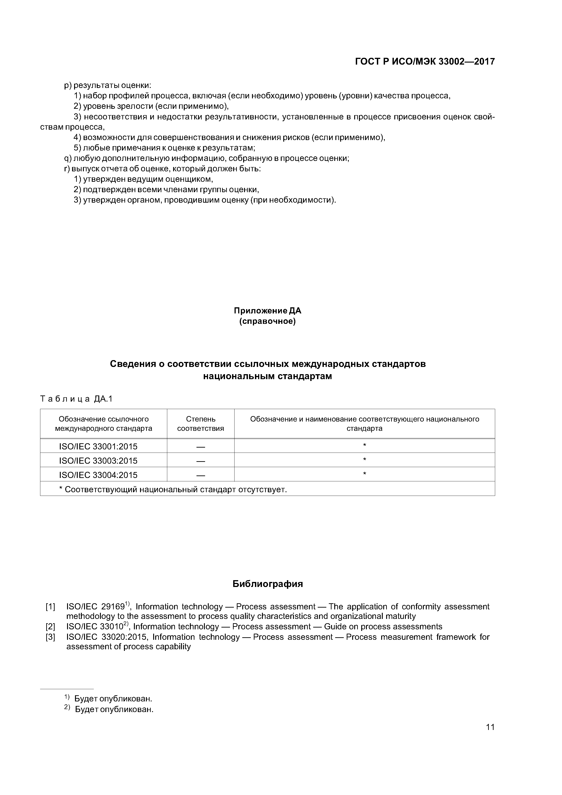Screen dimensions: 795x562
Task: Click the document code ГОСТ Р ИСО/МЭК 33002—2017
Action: tap(425, 62)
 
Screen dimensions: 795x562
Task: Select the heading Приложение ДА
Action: tap(267, 311)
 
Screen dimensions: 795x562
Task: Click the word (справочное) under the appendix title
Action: tap(267, 321)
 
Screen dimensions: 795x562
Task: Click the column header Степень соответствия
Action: tap(201, 424)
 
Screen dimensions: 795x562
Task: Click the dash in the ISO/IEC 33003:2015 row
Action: tap(201, 461)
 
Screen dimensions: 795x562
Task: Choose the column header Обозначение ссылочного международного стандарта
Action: tap(104, 424)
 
